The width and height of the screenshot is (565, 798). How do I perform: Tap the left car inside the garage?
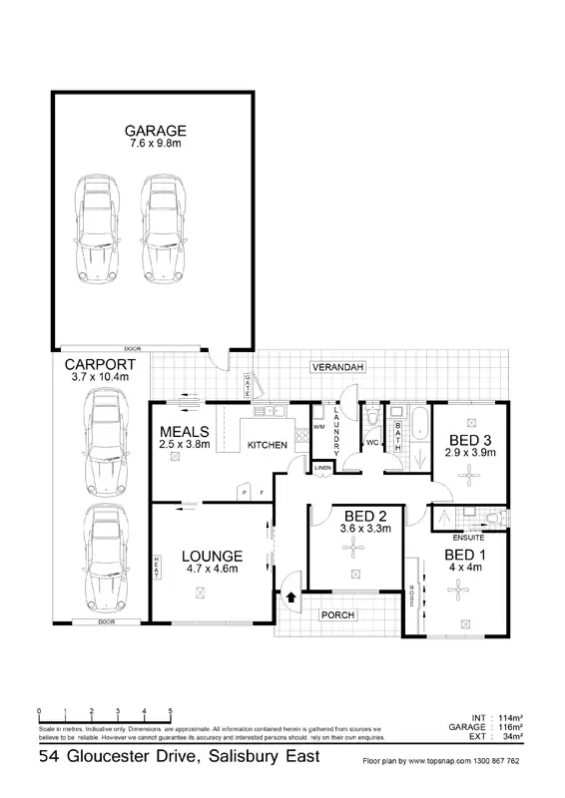point(98,228)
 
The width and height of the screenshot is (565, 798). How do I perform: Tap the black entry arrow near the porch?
point(290,598)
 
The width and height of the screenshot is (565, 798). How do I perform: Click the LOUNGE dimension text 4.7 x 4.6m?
point(213,570)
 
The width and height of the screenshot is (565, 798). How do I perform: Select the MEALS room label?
point(185,431)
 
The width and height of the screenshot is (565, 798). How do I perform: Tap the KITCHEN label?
point(267,444)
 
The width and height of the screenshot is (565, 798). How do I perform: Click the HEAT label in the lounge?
point(157,566)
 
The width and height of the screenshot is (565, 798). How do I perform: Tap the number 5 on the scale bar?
point(171,711)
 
